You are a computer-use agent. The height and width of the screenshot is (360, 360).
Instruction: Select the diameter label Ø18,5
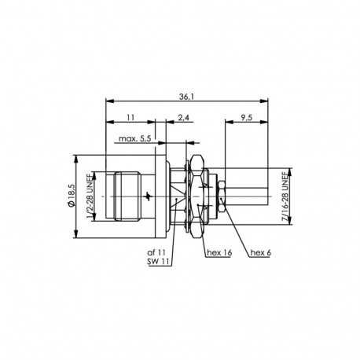point(72,193)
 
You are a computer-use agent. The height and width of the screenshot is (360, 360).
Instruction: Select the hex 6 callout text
point(260,252)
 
